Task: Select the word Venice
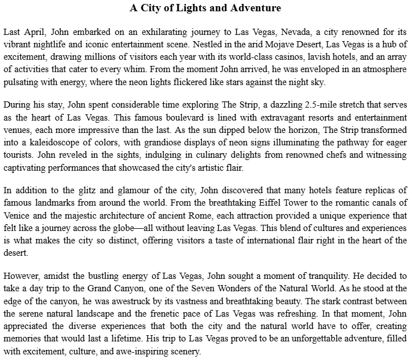pyautogui.click(x=16, y=213)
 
